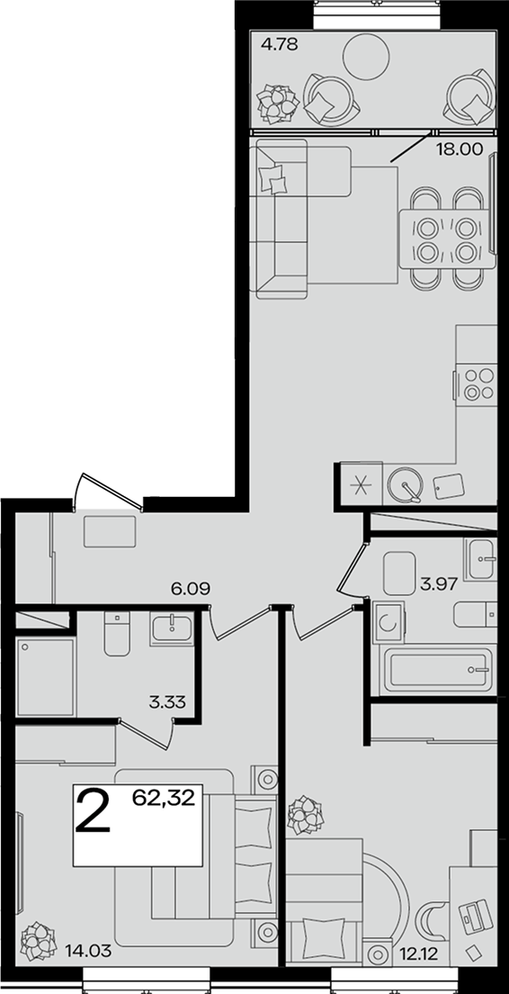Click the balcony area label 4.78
[279, 45]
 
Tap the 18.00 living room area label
[460, 149]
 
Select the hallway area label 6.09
[191, 588]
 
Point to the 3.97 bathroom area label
[439, 583]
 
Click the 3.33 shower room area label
[167, 701]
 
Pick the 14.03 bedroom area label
[88, 950]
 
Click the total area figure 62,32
[163, 796]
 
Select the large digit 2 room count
[93, 809]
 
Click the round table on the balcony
[365, 56]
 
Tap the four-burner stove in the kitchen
[477, 384]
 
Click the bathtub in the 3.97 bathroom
[439, 670]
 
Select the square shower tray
[46, 676]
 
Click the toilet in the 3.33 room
[117, 633]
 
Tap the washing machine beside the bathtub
[388, 622]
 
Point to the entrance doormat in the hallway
[110, 531]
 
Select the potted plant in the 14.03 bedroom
[39, 941]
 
